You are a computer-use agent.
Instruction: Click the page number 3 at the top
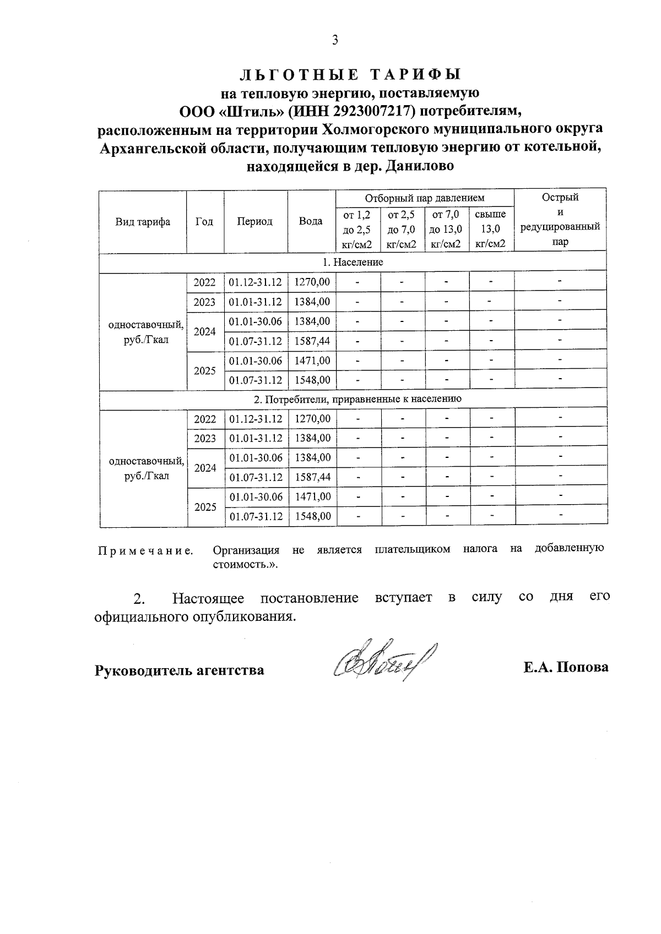[334, 40]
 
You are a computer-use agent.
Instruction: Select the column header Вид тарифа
[143, 222]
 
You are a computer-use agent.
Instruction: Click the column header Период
[255, 222]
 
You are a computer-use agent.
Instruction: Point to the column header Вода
[311, 222]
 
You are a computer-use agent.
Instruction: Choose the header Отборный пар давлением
[424, 198]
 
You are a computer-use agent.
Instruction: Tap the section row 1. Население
[353, 262]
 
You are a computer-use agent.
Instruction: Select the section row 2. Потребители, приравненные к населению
[353, 398]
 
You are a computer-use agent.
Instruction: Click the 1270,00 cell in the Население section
[312, 282]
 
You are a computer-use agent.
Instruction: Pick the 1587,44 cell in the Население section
[312, 341]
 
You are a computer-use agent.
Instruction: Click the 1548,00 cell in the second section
[312, 516]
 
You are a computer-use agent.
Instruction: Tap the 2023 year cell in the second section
[205, 439]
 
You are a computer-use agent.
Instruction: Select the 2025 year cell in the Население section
[205, 370]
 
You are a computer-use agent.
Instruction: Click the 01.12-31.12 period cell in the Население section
[256, 282]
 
